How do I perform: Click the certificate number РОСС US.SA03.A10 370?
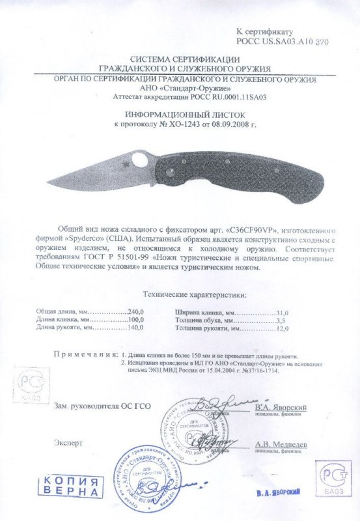pos(282,40)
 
